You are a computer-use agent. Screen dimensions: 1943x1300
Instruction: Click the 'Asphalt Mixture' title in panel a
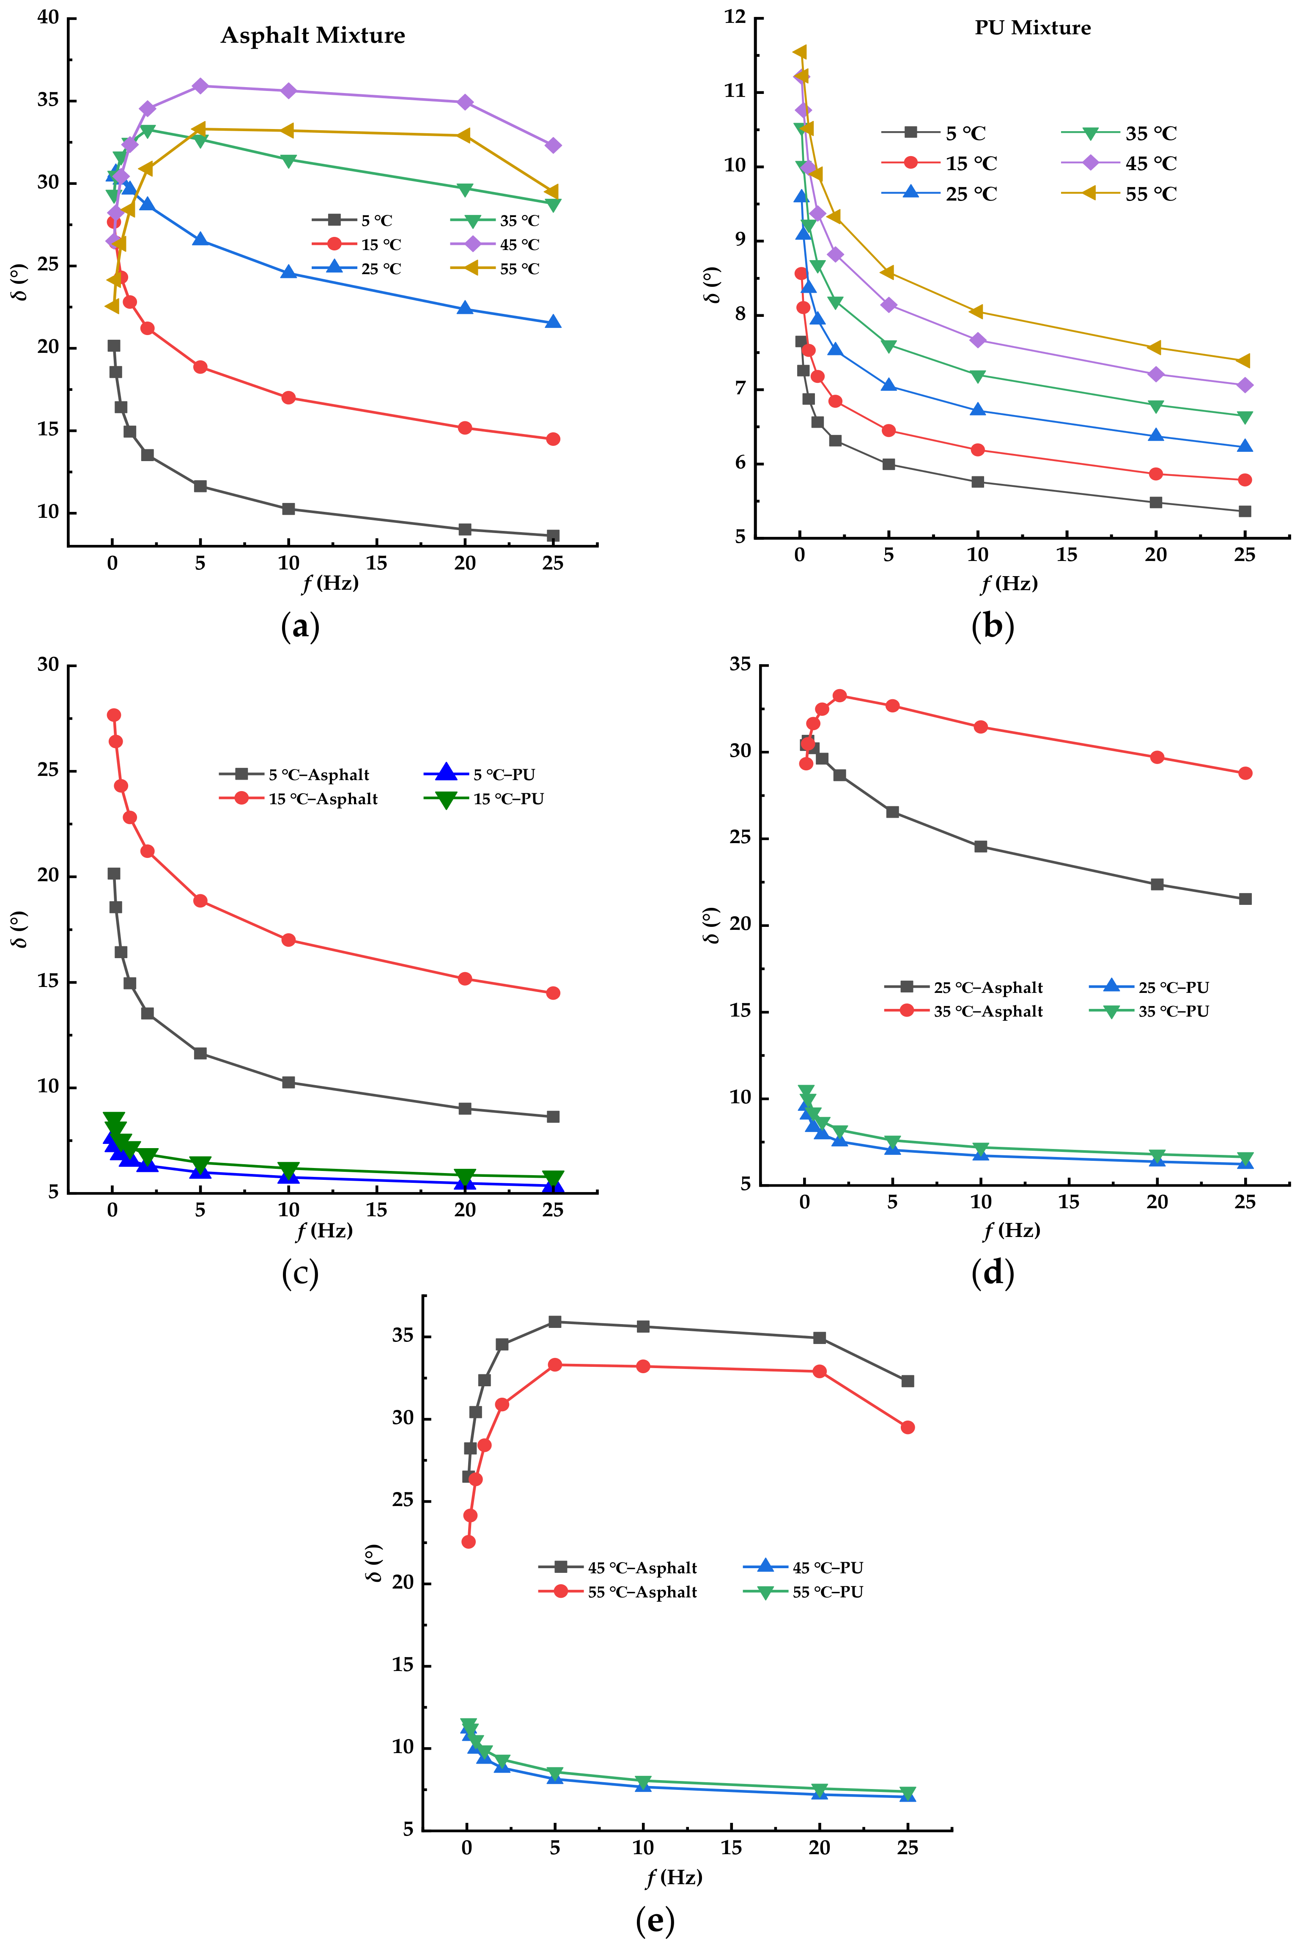click(313, 36)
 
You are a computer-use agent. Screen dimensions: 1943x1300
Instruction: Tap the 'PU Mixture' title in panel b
click(1032, 28)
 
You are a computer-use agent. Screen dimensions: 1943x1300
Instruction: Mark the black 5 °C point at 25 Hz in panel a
click(553, 536)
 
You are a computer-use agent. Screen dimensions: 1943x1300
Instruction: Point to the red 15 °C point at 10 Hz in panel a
click(288, 398)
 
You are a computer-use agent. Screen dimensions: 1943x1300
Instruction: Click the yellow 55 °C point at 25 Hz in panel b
click(1244, 361)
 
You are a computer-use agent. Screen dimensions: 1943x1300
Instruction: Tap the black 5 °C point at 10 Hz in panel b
click(977, 482)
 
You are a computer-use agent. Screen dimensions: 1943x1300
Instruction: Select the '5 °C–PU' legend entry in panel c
click(481, 775)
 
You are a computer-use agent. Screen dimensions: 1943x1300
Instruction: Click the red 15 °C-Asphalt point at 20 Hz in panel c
click(465, 978)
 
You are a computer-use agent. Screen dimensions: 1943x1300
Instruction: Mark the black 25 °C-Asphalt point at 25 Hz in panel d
click(1245, 899)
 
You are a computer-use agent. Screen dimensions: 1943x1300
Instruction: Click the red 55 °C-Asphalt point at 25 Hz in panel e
click(908, 1427)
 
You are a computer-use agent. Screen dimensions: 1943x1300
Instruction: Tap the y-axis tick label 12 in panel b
click(735, 18)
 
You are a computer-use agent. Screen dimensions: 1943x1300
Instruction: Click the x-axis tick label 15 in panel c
click(376, 1210)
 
